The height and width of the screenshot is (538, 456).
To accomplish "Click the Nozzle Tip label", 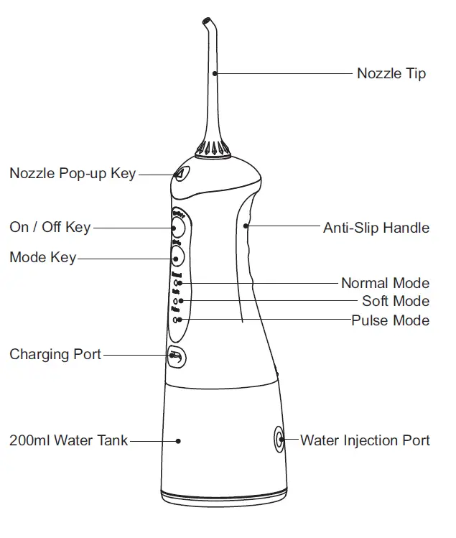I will point(391,73).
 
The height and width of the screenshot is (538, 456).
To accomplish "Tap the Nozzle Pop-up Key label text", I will point(72,173).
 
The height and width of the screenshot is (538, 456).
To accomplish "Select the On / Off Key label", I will point(50,227).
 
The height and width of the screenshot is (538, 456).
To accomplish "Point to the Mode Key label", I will point(42,257).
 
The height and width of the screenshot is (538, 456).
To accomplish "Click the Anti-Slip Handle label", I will point(376,228).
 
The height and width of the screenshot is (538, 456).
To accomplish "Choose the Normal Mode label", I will point(385,283).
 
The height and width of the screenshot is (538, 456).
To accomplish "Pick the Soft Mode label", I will point(396,301).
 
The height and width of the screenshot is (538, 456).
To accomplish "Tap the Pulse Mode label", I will point(390,320).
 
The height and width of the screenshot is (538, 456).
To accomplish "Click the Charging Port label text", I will point(55,354).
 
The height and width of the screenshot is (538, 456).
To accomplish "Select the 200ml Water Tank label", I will point(68,440).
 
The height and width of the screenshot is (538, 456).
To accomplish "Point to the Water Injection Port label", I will point(365,440).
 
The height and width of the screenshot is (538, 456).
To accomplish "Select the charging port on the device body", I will point(175,355).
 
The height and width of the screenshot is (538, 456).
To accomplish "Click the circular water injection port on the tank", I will point(279,439).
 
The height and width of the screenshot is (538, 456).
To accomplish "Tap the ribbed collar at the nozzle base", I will point(213,149).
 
